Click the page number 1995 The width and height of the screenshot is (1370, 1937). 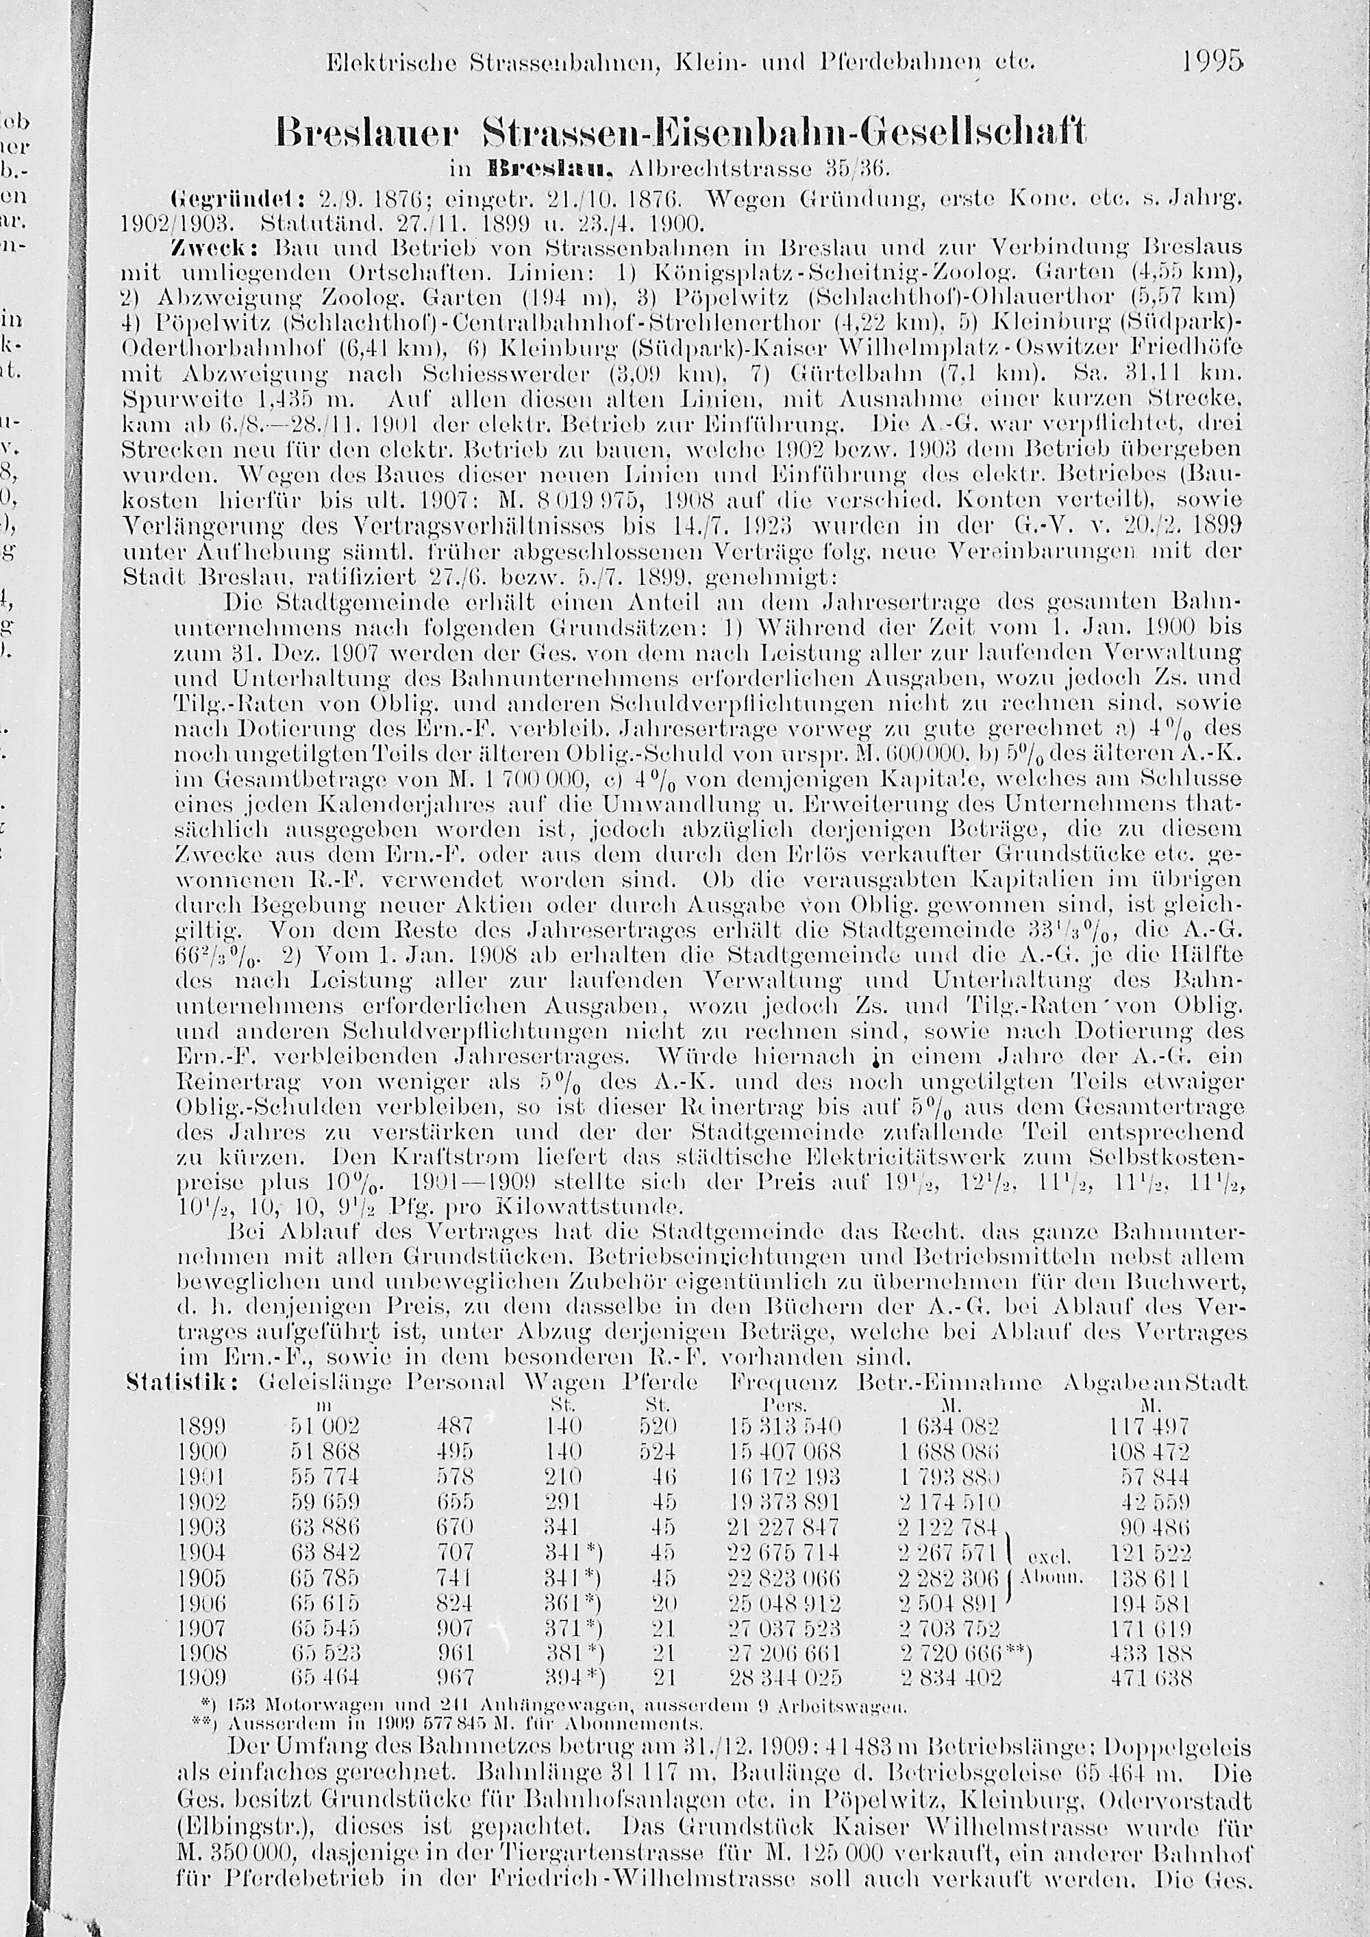coord(1212,62)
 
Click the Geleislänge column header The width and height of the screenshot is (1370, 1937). coord(325,1384)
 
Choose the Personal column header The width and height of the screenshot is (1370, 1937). coord(456,1383)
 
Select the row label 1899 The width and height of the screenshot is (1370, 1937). coord(203,1427)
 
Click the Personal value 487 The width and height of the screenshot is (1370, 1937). coord(456,1427)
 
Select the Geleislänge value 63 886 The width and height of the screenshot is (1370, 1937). coord(325,1528)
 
